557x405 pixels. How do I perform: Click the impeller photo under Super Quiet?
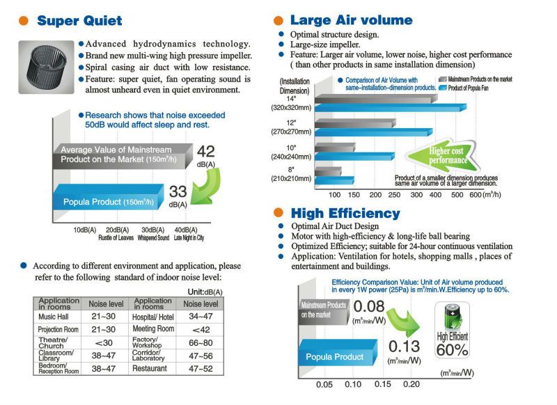pyautogui.click(x=46, y=67)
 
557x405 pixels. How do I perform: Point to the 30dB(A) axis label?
pyautogui.click(x=152, y=230)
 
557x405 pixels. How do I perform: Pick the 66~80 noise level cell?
pyautogui.click(x=201, y=343)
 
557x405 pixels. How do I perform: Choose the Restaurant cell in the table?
pyautogui.click(x=150, y=368)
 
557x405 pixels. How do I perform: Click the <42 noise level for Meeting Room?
pyautogui.click(x=201, y=330)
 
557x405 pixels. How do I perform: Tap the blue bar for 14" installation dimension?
pyautogui.click(x=391, y=108)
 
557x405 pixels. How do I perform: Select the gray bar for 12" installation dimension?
pyautogui.click(x=355, y=123)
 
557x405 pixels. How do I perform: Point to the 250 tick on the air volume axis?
pyautogui.click(x=394, y=195)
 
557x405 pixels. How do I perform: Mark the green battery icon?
pyautogui.click(x=452, y=317)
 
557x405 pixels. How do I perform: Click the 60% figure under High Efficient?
pyautogui.click(x=452, y=350)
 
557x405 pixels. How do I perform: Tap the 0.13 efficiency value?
pyautogui.click(x=405, y=347)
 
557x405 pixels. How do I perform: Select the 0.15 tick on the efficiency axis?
pyautogui.click(x=382, y=384)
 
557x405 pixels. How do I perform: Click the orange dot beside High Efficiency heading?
pyautogui.click(x=278, y=213)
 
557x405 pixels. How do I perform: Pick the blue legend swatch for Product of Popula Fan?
pyautogui.click(x=443, y=88)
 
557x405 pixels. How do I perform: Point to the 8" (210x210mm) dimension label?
pyautogui.click(x=291, y=174)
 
